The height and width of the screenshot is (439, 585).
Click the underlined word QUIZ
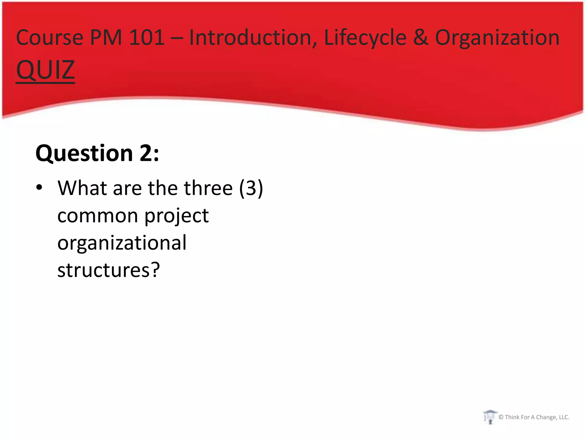(x=45, y=70)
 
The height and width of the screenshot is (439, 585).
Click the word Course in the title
(x=49, y=38)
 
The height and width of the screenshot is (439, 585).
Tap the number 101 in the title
(x=147, y=37)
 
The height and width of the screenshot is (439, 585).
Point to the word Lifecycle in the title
(x=365, y=38)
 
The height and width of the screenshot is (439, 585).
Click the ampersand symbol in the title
(x=420, y=37)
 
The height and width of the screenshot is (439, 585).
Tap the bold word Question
(x=84, y=153)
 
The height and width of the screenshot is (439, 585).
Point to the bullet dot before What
(x=39, y=188)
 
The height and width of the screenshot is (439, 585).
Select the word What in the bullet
(x=82, y=188)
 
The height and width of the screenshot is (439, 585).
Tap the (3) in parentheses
(x=251, y=188)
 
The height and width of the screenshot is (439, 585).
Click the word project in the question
(x=176, y=216)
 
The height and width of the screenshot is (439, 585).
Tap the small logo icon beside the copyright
(x=490, y=417)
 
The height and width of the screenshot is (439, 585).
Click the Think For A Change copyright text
(x=534, y=417)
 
